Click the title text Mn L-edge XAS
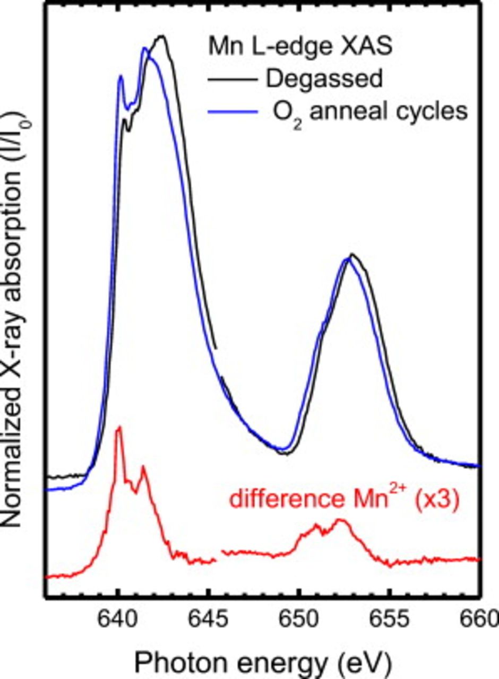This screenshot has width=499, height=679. (x=300, y=47)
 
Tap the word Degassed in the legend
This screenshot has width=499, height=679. (x=324, y=79)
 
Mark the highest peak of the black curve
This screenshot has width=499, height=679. (x=162, y=36)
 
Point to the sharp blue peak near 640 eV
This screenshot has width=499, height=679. (x=121, y=76)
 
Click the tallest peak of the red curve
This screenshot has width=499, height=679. (x=119, y=427)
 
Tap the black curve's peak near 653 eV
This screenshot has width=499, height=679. (x=352, y=255)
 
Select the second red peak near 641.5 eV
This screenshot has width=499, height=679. (x=143, y=467)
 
